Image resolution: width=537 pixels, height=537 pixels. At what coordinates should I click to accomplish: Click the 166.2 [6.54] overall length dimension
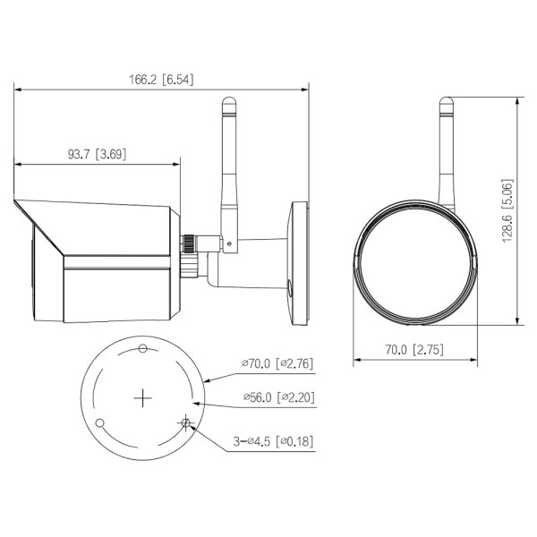(x=161, y=80)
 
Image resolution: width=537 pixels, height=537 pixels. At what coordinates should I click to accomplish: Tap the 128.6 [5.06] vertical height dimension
(x=507, y=212)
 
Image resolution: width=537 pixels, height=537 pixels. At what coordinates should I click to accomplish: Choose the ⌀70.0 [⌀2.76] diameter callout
(x=277, y=364)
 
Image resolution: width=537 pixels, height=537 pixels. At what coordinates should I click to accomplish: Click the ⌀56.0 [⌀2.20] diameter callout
(x=277, y=397)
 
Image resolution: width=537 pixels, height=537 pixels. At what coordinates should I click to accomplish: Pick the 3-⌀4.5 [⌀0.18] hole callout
(x=274, y=441)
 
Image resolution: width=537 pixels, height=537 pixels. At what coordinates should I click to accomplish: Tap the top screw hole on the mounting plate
(x=143, y=348)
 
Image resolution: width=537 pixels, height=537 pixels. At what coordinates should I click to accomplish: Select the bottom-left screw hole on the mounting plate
(x=100, y=422)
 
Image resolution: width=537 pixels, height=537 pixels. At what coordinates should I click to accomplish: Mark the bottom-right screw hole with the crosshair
(x=186, y=422)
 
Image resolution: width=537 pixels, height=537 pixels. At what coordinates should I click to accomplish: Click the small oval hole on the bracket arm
(x=289, y=285)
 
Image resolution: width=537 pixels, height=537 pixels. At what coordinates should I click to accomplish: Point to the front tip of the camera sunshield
(x=15, y=202)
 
